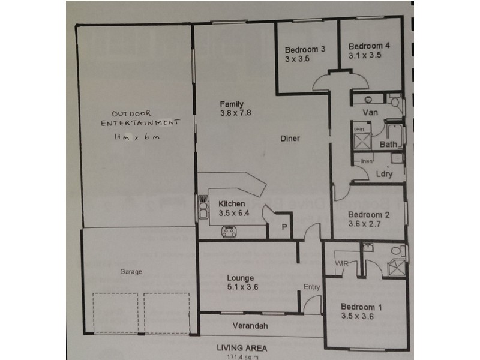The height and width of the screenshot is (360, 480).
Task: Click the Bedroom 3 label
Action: pyautogui.click(x=305, y=49)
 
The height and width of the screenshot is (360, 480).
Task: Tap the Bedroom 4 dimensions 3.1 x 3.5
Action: pyautogui.click(x=365, y=55)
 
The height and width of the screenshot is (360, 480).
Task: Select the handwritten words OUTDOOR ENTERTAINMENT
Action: pyautogui.click(x=140, y=118)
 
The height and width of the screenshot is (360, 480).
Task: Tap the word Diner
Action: pyautogui.click(x=290, y=138)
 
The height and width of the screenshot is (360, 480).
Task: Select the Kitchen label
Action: pyautogui.click(x=232, y=203)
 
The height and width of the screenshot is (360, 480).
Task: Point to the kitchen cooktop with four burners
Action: pyautogui.click(x=229, y=230)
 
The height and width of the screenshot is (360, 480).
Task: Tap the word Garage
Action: pyautogui.click(x=131, y=272)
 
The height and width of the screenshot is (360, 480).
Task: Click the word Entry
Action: pyautogui.click(x=311, y=287)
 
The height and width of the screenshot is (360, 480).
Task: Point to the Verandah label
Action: pyautogui.click(x=248, y=327)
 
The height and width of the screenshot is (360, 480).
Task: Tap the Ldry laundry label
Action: pyautogui.click(x=384, y=174)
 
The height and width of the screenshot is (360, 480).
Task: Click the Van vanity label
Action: pyautogui.click(x=370, y=112)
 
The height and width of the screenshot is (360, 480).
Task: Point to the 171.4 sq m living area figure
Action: pyautogui.click(x=243, y=356)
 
